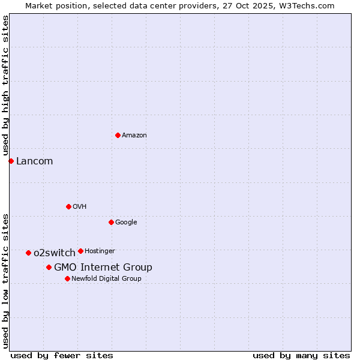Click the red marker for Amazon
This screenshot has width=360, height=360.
pos(118,135)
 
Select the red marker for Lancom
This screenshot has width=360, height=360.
pos(11,161)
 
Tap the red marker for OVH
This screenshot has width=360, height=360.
pos(68,206)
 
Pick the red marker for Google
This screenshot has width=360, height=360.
pos(111,222)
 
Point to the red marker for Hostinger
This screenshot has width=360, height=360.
pos(80,251)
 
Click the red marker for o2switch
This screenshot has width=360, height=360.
pos(28,253)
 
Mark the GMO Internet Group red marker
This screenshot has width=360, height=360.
pos(49,267)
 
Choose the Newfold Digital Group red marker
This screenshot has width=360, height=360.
pos(67,278)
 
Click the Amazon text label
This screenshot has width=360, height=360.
pos(134,136)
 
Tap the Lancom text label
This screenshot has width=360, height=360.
pos(34,161)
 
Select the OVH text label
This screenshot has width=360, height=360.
pos(80,207)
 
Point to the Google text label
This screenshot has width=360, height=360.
pos(126,223)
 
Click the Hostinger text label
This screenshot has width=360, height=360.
pos(100,251)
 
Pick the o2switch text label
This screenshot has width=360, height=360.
pos(55,253)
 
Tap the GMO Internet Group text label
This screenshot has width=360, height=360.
pos(103,268)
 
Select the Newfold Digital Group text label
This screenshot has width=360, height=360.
pos(106,278)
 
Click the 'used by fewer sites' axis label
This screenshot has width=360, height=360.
pos(62,355)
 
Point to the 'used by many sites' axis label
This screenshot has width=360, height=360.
pos(301,355)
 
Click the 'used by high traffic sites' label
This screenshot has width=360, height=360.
pos(5,86)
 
